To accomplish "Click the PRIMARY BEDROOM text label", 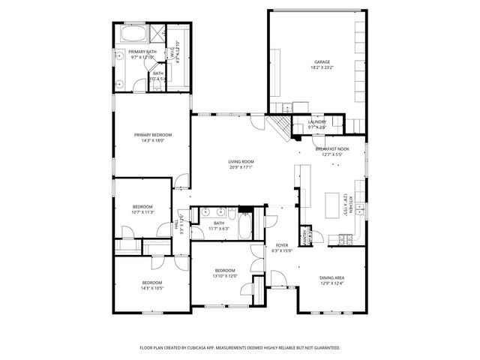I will point(149,135).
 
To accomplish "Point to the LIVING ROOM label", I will point(241,161).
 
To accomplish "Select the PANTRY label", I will point(305,237).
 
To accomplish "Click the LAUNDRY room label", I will point(316,121).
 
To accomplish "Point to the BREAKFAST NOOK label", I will point(331,149).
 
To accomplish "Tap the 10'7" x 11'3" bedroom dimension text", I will point(143,211).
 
